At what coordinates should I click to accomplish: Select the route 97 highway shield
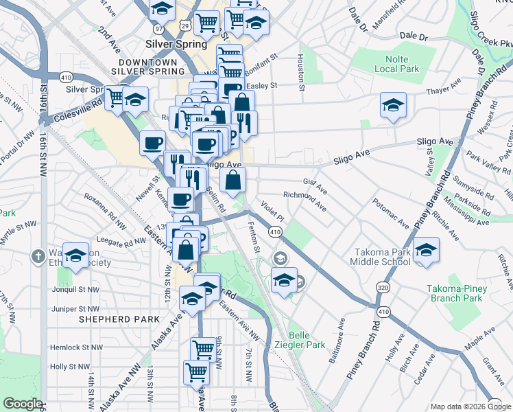159,29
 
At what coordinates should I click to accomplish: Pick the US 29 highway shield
184,25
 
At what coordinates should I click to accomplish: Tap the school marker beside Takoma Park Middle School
426,251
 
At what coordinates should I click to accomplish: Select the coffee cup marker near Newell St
152,144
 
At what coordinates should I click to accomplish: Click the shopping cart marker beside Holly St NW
196,372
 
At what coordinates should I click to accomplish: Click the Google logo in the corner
23,404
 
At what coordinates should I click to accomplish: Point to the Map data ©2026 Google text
470,407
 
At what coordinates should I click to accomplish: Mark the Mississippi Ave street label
466,214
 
